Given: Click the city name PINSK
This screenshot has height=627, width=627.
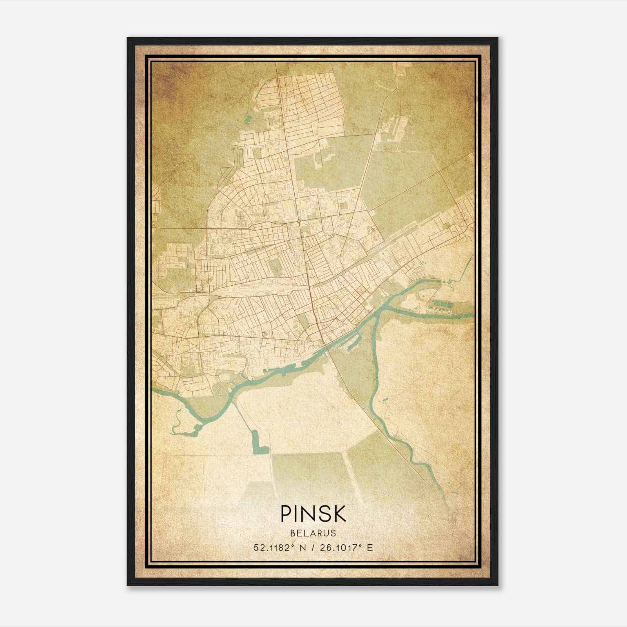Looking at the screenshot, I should tap(313, 514).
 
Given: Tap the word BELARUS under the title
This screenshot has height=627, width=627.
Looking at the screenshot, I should tap(313, 533).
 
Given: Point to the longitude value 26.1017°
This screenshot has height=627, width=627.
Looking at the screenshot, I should tap(339, 547).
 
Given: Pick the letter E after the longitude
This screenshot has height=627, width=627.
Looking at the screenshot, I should tap(370, 547).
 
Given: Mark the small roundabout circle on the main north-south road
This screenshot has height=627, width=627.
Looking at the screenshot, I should tap(299, 222).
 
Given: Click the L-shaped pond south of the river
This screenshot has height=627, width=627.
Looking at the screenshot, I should tap(258, 443).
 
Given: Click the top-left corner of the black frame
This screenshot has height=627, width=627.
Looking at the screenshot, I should tap(128, 38).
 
